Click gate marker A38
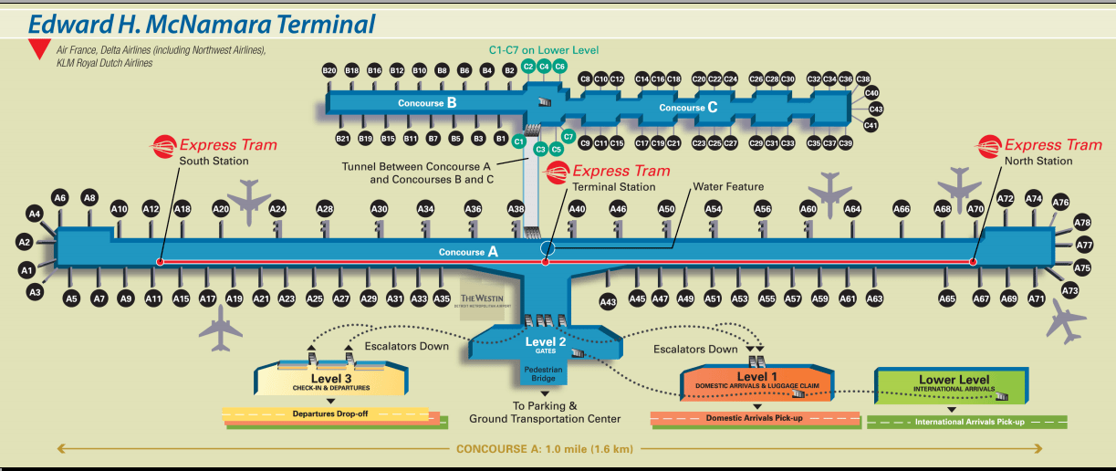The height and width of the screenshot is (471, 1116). pyautogui.click(x=516, y=209)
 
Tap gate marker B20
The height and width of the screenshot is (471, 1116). pyautogui.click(x=329, y=70)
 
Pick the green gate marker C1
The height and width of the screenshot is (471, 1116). pyautogui.click(x=518, y=142)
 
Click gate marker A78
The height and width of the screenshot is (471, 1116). pyautogui.click(x=1082, y=223)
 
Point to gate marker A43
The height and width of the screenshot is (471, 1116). pyautogui.click(x=608, y=302)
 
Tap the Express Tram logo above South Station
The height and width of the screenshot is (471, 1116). pyautogui.click(x=165, y=144)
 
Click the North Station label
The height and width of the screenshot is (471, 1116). pyautogui.click(x=1038, y=162)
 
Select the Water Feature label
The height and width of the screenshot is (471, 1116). pyautogui.click(x=727, y=187)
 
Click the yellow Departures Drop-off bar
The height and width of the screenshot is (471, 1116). pyautogui.click(x=326, y=413)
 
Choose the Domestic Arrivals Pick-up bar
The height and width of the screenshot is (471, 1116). pyautogui.click(x=756, y=418)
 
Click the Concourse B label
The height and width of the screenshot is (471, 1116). pyautogui.click(x=426, y=103)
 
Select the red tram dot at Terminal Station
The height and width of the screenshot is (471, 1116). pyautogui.click(x=546, y=262)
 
